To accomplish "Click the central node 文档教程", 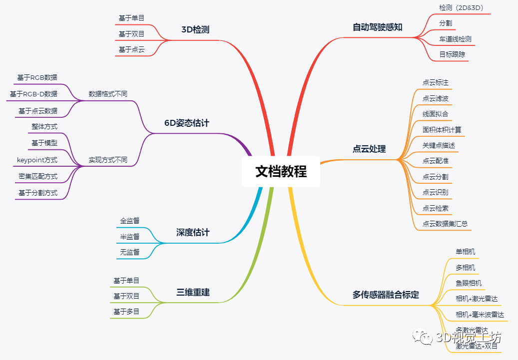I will [281, 171].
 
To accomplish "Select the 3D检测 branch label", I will [195, 30].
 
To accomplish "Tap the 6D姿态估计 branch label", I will [187, 123].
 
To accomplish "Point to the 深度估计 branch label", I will [193, 232].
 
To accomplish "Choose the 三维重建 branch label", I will [193, 292].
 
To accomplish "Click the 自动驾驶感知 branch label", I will [377, 27].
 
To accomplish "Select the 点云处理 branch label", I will [369, 149].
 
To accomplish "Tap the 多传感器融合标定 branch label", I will [386, 295].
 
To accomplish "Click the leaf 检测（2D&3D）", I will [461, 8].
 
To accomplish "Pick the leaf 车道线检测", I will [455, 39].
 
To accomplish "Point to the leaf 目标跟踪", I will [452, 54].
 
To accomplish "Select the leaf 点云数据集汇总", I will [445, 224].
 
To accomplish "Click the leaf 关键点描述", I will [439, 145].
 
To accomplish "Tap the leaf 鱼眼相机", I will [469, 283].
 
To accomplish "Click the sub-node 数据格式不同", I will [108, 94].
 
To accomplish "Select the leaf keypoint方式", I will [37, 160].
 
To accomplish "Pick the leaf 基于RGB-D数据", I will [33, 94].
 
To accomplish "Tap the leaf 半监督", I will [130, 237].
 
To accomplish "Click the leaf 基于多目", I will [126, 312].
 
